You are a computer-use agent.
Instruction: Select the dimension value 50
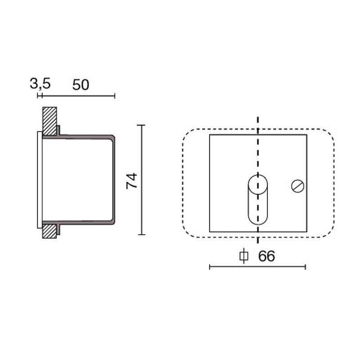(81, 84)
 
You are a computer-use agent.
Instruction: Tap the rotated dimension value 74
(131, 180)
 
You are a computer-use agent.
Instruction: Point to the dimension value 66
(266, 256)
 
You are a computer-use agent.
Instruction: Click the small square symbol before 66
(243, 256)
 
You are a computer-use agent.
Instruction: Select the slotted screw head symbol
(297, 185)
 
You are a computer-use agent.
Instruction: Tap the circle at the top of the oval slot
(257, 184)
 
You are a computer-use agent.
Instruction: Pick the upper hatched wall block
(49, 121)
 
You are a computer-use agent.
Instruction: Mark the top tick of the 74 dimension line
(142, 125)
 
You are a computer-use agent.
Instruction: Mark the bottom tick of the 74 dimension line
(142, 234)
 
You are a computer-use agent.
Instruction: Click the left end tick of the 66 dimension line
(210, 267)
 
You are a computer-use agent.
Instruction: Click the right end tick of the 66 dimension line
(306, 267)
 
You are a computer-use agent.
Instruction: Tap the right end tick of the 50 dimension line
(115, 95)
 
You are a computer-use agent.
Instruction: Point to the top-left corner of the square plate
(210, 135)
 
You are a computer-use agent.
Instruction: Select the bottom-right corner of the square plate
(306, 232)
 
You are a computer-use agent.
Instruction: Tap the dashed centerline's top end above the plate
(257, 118)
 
